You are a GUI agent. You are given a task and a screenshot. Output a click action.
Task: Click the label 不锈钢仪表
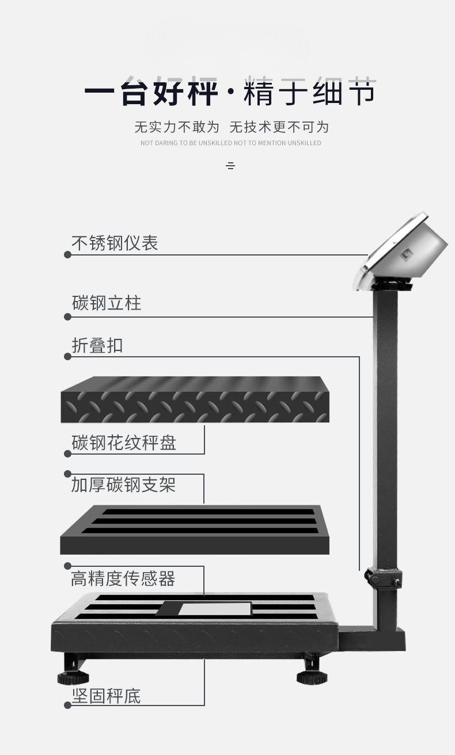(x=115, y=243)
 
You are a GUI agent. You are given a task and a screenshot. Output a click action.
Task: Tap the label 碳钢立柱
(x=107, y=303)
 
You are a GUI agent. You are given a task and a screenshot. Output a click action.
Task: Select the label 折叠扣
(x=97, y=345)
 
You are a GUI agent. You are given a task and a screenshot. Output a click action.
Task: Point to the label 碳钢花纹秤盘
(x=124, y=443)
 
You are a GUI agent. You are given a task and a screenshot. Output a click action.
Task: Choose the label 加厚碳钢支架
(x=123, y=485)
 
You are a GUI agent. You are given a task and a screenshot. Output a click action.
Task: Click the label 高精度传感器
(x=123, y=578)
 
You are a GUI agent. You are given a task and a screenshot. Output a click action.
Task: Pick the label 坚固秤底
(x=106, y=696)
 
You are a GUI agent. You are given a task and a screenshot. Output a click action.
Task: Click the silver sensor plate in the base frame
(x=215, y=608)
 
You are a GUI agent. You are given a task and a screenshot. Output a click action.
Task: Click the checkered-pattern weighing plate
(x=195, y=399)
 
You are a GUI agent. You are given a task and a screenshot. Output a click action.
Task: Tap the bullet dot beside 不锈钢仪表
(x=67, y=254)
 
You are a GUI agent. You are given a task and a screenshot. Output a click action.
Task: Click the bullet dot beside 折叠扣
(x=67, y=357)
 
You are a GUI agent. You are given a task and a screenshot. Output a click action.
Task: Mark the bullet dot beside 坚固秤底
(x=67, y=706)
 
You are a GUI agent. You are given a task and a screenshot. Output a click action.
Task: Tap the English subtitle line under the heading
(x=230, y=143)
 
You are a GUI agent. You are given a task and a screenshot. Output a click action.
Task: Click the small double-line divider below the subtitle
(x=230, y=166)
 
